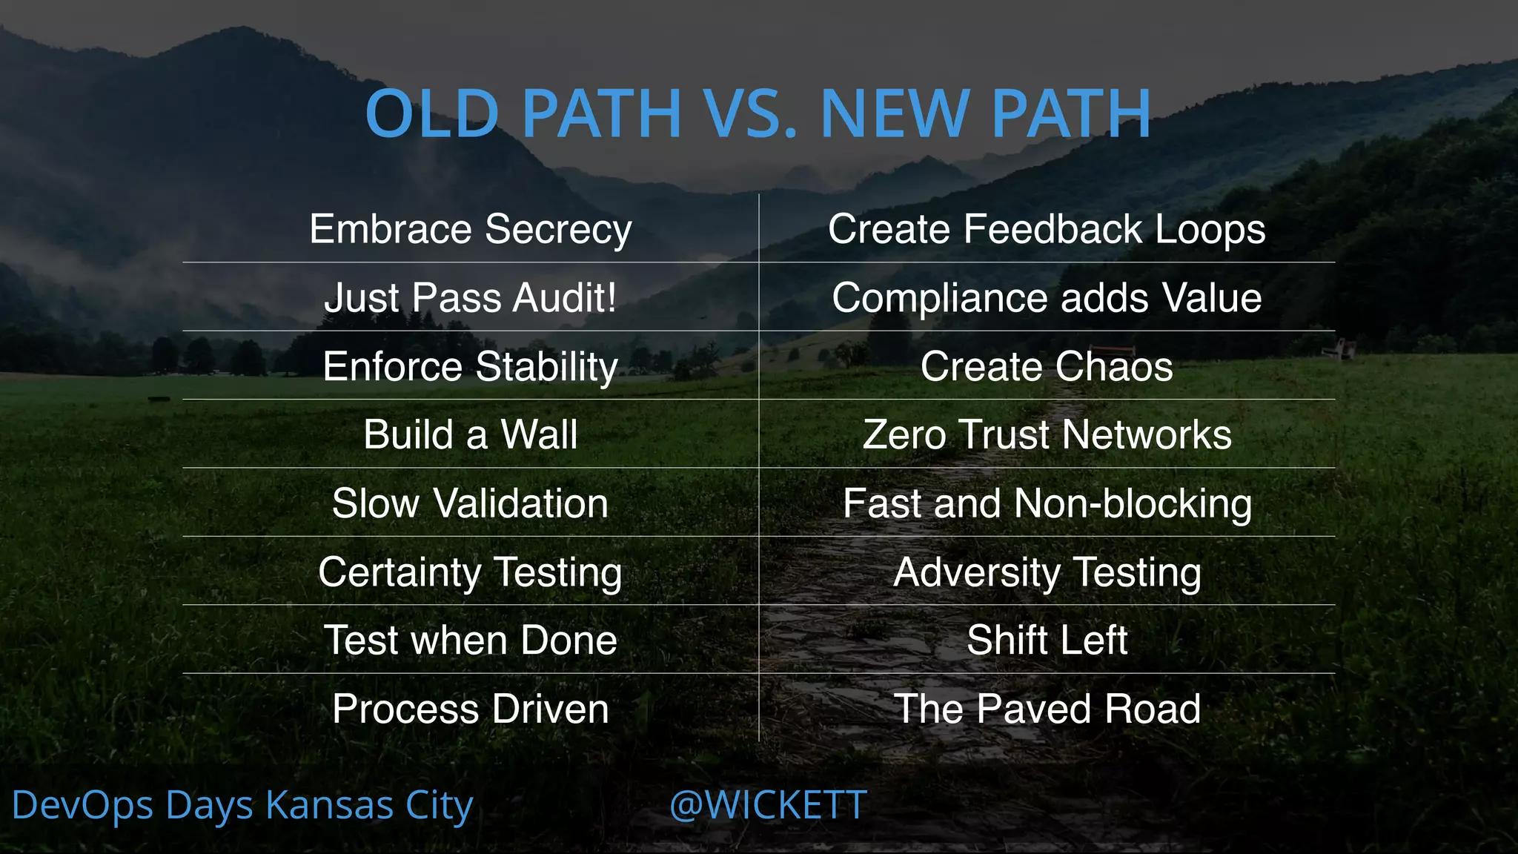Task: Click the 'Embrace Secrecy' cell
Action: click(x=471, y=229)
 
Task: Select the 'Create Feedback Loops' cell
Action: click(x=1047, y=229)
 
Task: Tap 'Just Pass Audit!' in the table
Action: click(x=471, y=298)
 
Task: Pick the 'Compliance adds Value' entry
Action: click(x=1047, y=298)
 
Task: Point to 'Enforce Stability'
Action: click(x=471, y=367)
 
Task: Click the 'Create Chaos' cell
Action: click(x=1047, y=367)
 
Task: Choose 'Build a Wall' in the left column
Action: click(x=471, y=435)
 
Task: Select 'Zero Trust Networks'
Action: click(x=1047, y=435)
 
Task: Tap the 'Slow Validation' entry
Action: click(x=471, y=503)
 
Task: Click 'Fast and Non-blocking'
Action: click(x=1047, y=503)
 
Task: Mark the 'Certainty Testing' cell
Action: click(x=471, y=572)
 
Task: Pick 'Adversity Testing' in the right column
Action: click(x=1047, y=572)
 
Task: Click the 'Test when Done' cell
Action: click(x=471, y=640)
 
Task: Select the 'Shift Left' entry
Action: click(x=1047, y=640)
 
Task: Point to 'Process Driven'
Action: click(x=471, y=709)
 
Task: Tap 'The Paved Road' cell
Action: click(x=1047, y=709)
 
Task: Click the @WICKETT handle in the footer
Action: click(x=768, y=806)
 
